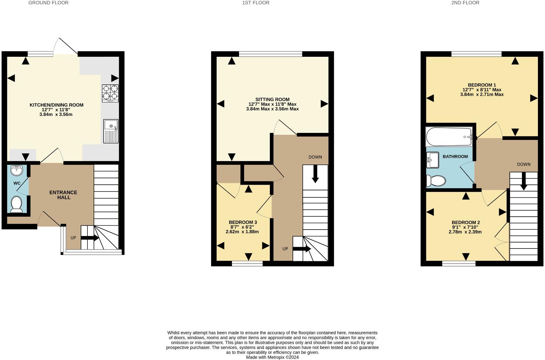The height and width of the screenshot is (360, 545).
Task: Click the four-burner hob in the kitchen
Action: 110,93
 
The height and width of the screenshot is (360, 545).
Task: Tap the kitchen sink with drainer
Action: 111,131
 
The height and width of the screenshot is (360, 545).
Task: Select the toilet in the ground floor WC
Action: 16,204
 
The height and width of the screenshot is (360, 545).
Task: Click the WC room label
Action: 17,183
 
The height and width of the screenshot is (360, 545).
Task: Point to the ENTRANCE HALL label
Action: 64,195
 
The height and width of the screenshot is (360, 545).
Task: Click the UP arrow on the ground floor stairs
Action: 90,238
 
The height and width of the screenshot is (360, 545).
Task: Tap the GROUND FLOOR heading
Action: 48,3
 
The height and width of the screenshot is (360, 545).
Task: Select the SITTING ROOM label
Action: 272,99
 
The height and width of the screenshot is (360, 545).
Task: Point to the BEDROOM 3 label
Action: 243,222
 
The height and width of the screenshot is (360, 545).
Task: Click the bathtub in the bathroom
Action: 449,137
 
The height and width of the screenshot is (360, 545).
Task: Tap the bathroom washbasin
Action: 432,160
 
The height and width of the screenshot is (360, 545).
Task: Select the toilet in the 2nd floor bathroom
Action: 436,181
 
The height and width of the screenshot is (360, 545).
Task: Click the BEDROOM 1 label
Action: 482,85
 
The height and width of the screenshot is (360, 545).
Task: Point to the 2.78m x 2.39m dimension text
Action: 465,232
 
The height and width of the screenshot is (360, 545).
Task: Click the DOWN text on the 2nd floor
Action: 524,164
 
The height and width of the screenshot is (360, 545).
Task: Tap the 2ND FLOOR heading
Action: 465,3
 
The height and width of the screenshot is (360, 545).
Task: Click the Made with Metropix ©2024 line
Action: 272,357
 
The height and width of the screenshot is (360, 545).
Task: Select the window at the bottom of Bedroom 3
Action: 247,263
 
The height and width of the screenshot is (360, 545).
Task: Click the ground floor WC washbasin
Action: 17,170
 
